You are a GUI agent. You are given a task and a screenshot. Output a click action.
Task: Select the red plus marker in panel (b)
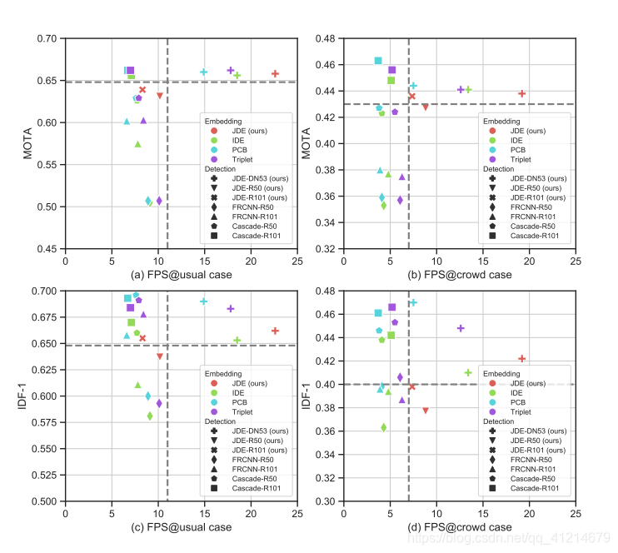pos(522,93)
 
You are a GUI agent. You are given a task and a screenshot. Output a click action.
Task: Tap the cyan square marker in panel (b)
pos(378,61)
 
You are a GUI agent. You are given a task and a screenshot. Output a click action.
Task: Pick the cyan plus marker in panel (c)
pos(203,301)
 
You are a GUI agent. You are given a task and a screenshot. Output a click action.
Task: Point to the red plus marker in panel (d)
pos(522,359)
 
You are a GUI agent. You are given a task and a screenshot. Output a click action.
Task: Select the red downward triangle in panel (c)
pos(160,356)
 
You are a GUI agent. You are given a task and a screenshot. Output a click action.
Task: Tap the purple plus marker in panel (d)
pos(461,328)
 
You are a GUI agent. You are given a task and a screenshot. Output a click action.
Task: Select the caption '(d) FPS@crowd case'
pos(459,527)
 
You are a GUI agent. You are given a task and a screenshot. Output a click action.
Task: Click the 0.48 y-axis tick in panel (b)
pos(326,38)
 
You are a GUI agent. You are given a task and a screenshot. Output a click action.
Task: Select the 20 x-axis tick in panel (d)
pos(529,514)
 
